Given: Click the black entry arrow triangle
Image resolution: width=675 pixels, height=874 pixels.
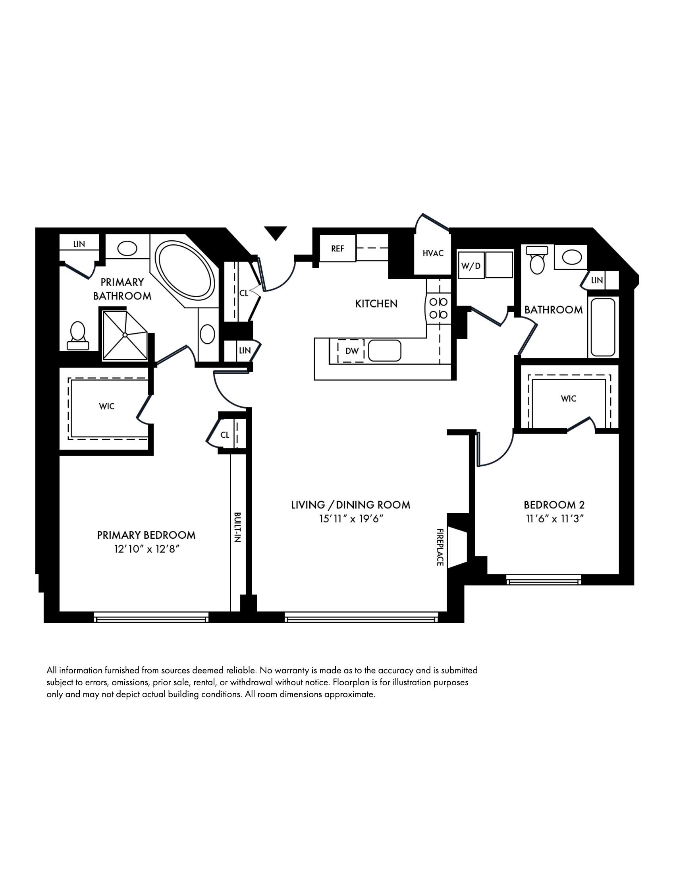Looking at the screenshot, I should pyautogui.click(x=275, y=232).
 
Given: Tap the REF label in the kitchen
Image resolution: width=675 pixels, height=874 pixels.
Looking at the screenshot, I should pyautogui.click(x=337, y=249).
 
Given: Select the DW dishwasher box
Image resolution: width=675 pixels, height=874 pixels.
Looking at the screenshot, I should pyautogui.click(x=351, y=351).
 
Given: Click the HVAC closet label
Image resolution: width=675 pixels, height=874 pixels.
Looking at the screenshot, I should pyautogui.click(x=433, y=253).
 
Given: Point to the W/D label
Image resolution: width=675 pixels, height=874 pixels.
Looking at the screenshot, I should pyautogui.click(x=471, y=266).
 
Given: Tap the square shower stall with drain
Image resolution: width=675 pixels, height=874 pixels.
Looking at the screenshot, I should pyautogui.click(x=125, y=334).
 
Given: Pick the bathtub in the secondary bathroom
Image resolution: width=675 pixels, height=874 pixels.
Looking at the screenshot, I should pyautogui.click(x=603, y=327).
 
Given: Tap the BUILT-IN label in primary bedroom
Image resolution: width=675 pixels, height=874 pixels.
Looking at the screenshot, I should pyautogui.click(x=237, y=527).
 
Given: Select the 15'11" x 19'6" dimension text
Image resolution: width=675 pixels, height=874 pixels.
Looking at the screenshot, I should pyautogui.click(x=351, y=519).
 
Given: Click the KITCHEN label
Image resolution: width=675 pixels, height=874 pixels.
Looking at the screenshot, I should pyautogui.click(x=376, y=304).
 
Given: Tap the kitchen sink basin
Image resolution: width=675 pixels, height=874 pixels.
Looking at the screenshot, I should pyautogui.click(x=384, y=350).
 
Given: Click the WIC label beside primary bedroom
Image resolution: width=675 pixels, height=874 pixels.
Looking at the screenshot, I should pyautogui.click(x=107, y=406).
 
